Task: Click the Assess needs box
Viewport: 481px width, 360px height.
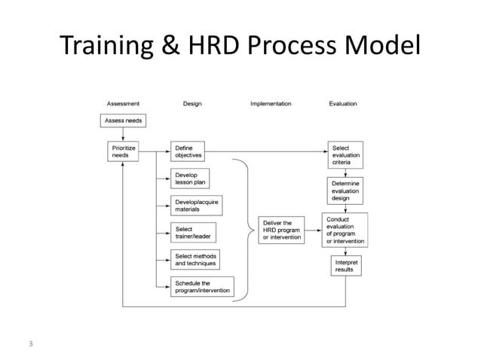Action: coord(122,121)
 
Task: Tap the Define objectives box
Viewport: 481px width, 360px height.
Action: coord(188,151)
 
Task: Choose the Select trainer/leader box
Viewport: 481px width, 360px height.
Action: coord(193,233)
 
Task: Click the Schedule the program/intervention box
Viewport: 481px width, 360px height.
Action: coord(201,287)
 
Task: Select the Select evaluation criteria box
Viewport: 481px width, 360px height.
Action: coord(346,156)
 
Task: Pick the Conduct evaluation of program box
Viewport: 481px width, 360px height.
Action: coord(346,230)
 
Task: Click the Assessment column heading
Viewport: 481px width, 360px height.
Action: coord(122,103)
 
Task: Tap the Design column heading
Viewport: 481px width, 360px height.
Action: coord(192,103)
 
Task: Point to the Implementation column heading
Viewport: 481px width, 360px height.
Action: coord(271,103)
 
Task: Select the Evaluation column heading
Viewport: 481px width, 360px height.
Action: coord(343,103)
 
